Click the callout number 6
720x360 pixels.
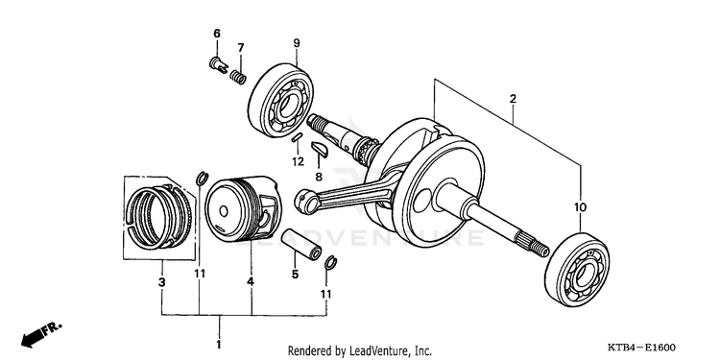coord(217,33)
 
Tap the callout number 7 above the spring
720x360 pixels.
coord(241,47)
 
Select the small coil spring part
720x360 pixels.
coord(238,77)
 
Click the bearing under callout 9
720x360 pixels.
coord(280,100)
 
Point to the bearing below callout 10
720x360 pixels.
coord(577,270)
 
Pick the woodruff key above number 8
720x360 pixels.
coord(319,150)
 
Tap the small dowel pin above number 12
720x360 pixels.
coord(297,137)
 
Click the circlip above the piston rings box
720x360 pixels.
coord(202,179)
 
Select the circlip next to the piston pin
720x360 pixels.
coord(330,262)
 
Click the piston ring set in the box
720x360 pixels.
coord(158,217)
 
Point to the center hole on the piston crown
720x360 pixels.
coord(224,211)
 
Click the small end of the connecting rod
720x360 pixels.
coord(303,202)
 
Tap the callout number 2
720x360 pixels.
coord(513,98)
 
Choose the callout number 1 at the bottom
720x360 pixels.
coord(219,344)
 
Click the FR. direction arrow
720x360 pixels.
coord(41,334)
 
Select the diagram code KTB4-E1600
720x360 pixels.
coord(642,348)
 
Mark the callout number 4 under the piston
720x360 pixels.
coord(251,282)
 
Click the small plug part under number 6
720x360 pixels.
coord(218,64)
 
